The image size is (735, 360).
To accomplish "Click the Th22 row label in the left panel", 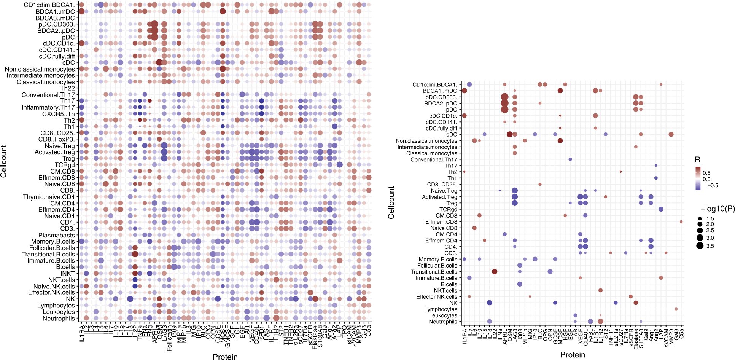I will [x=67, y=88].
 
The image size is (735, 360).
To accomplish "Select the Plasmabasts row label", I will [x=56, y=235].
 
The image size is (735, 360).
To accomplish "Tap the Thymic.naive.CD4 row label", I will [x=49, y=197].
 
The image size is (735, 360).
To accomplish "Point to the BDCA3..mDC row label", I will [x=55, y=18].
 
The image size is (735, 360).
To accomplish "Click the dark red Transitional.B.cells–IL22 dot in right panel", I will [x=495, y=272].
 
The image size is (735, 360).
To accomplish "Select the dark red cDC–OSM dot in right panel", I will [x=510, y=134].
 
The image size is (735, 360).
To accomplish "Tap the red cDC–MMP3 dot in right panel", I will [x=671, y=134].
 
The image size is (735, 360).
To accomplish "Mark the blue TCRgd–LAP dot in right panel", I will [x=661, y=209].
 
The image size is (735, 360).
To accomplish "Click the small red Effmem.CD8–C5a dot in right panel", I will [x=681, y=221].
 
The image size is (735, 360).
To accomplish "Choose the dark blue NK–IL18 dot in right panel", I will [x=490, y=303].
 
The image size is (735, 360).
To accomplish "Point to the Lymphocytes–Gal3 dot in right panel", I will [x=676, y=309].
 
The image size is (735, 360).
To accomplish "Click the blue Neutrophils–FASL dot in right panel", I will [x=590, y=322].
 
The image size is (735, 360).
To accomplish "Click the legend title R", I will [x=697, y=160].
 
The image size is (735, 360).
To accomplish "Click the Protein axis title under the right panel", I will [x=573, y=355].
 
